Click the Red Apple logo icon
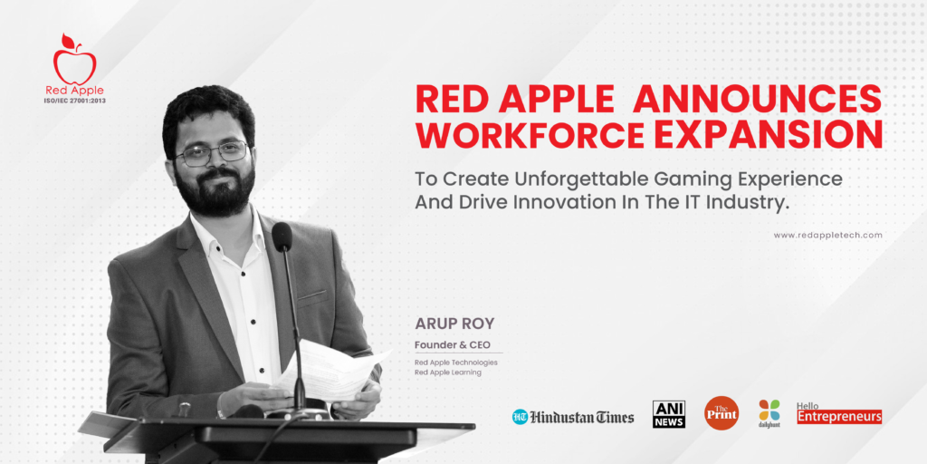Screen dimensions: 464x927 [74, 61]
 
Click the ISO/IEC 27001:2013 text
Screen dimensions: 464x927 [74, 101]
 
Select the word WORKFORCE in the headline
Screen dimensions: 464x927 [530, 135]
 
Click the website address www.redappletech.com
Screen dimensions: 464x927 [827, 235]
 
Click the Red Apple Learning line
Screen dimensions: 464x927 [448, 372]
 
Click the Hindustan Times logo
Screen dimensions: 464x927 [573, 417]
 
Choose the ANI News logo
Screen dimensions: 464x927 [669, 413]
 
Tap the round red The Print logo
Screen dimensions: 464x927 [722, 413]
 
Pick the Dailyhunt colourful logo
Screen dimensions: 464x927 [769, 412]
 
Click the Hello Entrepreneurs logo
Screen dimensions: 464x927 [839, 413]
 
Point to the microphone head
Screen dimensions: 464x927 [282, 237]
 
